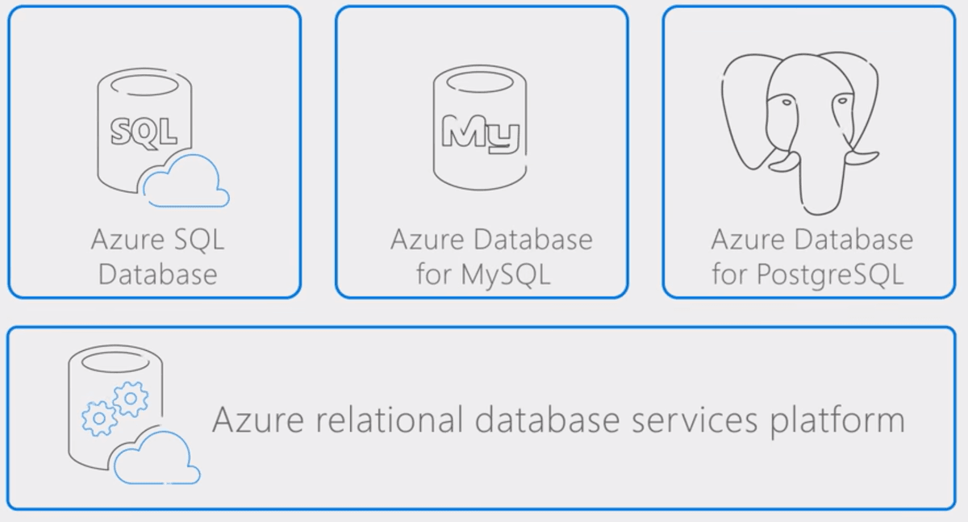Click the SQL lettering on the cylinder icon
(x=144, y=132)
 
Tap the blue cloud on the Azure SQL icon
(x=186, y=181)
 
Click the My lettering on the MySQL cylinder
(x=480, y=133)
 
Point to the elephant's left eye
(x=786, y=102)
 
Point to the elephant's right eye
(x=841, y=101)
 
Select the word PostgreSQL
(x=830, y=275)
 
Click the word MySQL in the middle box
(x=506, y=275)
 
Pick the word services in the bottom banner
(x=695, y=420)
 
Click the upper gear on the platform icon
(x=131, y=399)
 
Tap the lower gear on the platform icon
(x=99, y=418)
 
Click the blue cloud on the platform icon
(x=156, y=457)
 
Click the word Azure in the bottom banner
(x=258, y=420)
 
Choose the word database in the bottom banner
(x=547, y=420)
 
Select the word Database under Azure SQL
(x=158, y=274)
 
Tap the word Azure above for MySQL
(x=427, y=240)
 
